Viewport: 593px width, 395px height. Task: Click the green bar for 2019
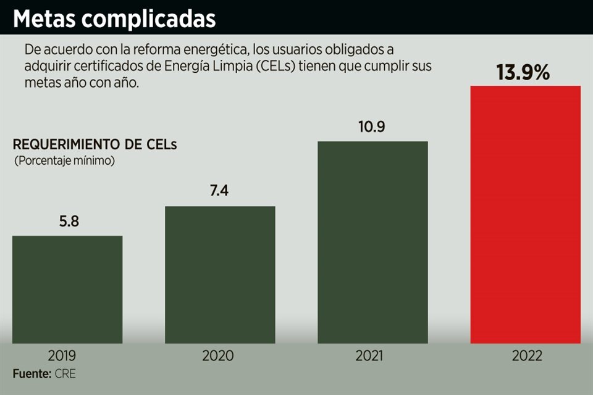[67, 289]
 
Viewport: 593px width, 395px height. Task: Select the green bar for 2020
[220, 274]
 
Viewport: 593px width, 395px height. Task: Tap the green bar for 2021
[372, 242]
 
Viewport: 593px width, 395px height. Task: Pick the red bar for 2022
[526, 214]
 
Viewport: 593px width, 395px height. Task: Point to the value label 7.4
[219, 191]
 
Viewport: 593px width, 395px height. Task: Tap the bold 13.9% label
[524, 72]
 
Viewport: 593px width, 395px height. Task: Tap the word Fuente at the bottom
[29, 373]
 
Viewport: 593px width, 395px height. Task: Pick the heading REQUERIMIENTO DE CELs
[95, 146]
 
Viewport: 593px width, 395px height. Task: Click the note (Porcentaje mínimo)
[64, 160]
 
